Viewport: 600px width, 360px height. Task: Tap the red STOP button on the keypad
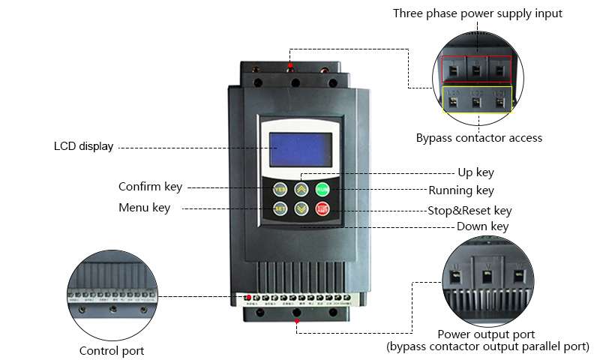tap(322, 209)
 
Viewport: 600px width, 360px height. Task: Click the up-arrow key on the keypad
tap(301, 189)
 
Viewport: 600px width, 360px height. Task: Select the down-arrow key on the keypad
tap(301, 209)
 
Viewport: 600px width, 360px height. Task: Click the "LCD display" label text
tap(83, 146)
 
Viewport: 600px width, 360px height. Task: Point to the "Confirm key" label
tap(150, 187)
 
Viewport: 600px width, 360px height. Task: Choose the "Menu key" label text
tap(144, 208)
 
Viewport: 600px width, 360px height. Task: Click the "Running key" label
tap(461, 190)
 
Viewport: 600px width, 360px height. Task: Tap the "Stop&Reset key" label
tap(469, 211)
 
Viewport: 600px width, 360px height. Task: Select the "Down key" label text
tap(483, 226)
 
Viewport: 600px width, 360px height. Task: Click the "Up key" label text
tap(475, 172)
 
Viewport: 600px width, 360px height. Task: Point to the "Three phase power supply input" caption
tap(477, 13)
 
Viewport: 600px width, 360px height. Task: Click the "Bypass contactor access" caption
tap(478, 138)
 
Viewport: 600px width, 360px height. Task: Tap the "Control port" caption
tap(112, 350)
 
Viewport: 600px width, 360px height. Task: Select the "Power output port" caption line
tap(486, 334)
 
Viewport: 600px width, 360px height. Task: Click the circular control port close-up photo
tap(112, 294)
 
